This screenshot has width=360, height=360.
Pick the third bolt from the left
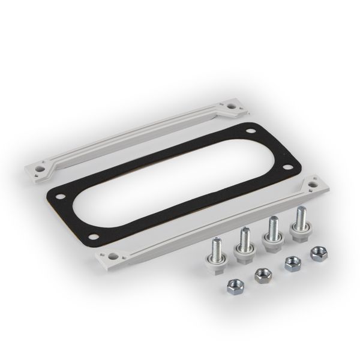point(273,234)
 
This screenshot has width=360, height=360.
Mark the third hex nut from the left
point(292,262)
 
